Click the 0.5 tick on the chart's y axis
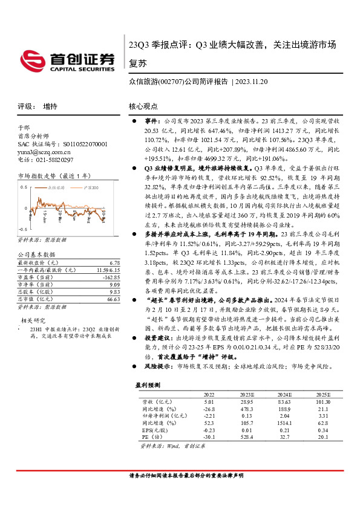tap(23, 187)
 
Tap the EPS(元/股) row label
tap(154, 431)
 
